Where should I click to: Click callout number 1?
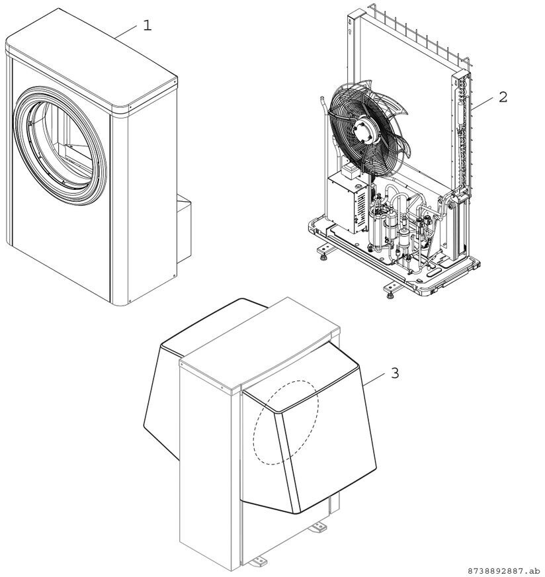(147, 25)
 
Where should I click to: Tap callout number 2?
(503, 97)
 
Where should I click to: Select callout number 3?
(395, 373)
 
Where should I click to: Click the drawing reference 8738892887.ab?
(502, 571)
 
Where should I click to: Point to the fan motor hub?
(362, 130)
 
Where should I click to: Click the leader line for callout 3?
(374, 378)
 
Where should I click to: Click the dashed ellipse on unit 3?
(286, 422)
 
